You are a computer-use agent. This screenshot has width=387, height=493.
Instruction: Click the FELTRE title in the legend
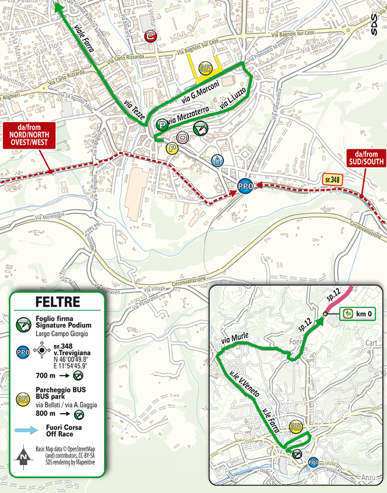pyautogui.click(x=57, y=302)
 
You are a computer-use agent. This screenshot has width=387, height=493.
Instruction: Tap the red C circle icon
pyautogui.click(x=151, y=36)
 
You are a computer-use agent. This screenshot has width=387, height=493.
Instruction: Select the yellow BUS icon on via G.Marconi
pyautogui.click(x=204, y=68)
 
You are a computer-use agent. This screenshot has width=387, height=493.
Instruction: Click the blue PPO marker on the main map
pyautogui.click(x=245, y=186)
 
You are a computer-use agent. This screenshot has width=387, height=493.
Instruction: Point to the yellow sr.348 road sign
pyautogui.click(x=332, y=180)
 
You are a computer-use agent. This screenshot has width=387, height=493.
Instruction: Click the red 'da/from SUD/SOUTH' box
pyautogui.click(x=363, y=157)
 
